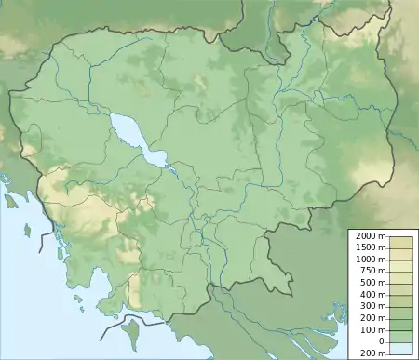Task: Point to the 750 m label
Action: click(372, 272)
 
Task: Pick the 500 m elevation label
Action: click(372, 283)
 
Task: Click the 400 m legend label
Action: click(372, 294)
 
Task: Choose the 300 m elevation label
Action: click(372, 305)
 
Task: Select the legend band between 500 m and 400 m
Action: click(401, 288)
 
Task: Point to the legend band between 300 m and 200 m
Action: click(401, 311)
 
